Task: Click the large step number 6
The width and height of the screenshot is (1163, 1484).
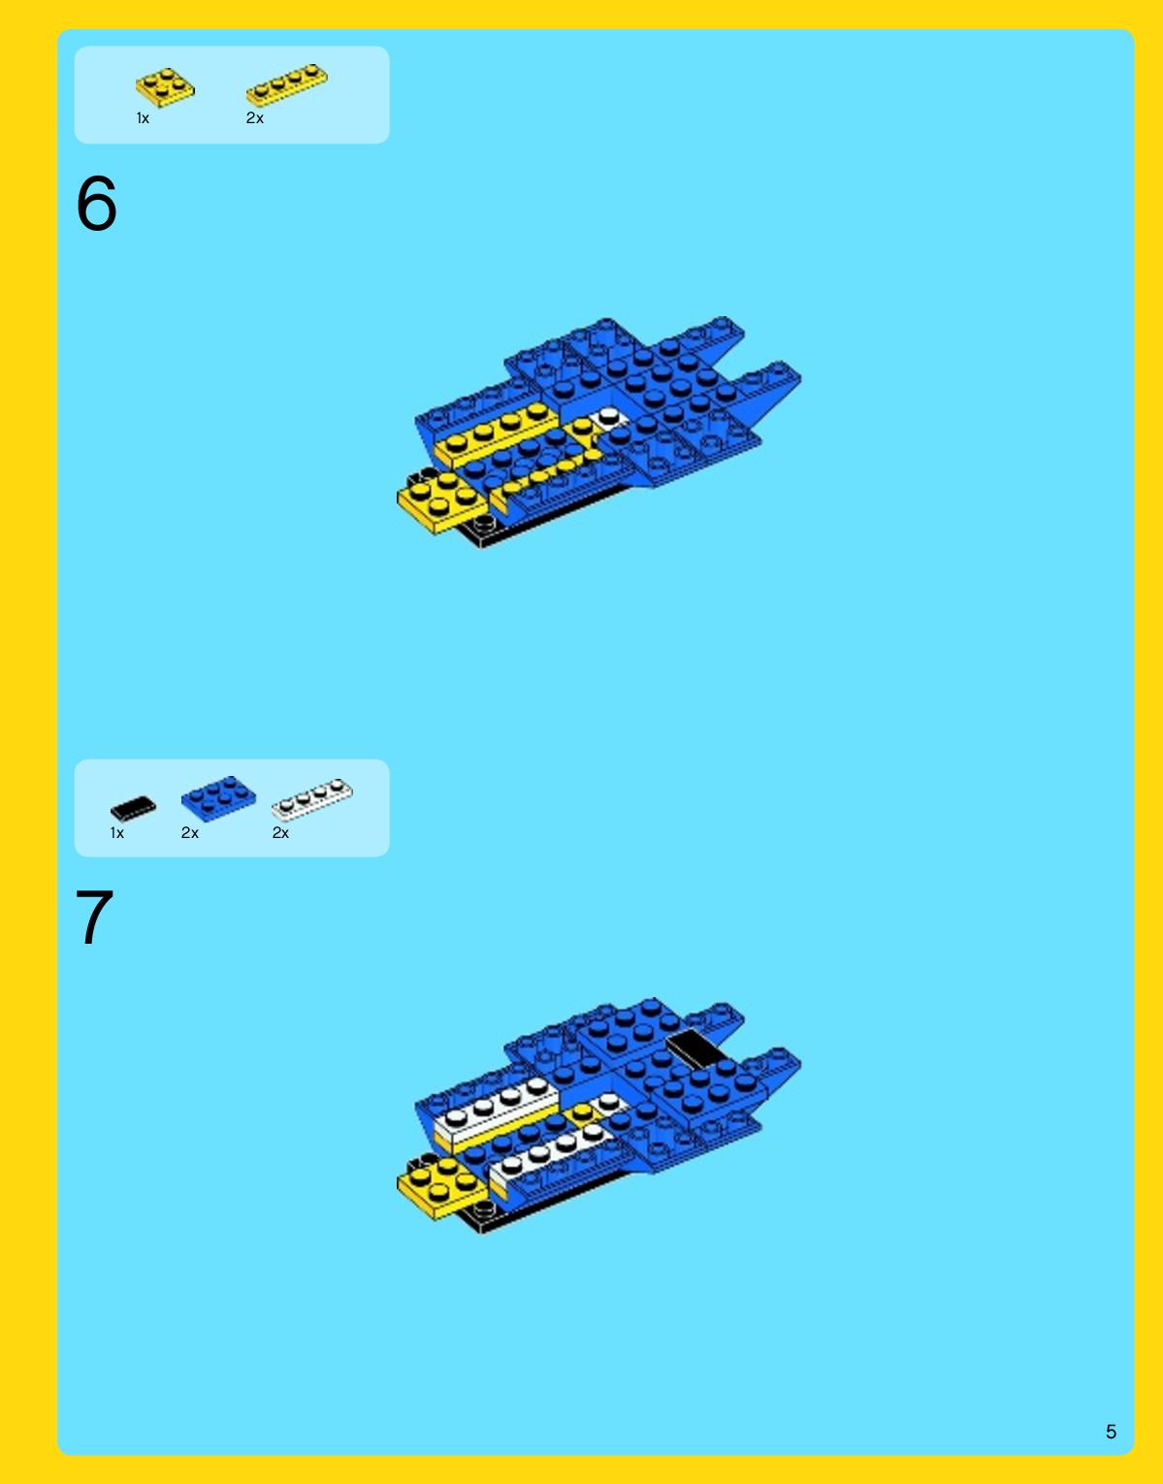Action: point(96,203)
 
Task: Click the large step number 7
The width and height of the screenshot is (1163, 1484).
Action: point(94,918)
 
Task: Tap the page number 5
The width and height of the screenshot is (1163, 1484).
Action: point(1111,1432)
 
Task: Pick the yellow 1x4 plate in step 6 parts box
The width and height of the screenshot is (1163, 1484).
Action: point(287,85)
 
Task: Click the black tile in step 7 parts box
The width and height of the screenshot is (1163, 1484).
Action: point(133,808)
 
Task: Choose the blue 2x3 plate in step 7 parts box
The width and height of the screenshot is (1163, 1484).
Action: point(218,797)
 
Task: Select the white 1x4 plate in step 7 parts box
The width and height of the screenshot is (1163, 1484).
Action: point(312,799)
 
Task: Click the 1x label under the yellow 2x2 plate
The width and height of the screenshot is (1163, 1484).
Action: point(143,118)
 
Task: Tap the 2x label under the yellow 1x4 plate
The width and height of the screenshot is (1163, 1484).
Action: point(255,118)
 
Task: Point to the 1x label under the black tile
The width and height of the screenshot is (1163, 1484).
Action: point(116,833)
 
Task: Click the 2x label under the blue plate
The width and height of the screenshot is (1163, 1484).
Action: point(190,833)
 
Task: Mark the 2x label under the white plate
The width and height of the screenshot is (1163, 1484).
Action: point(280,833)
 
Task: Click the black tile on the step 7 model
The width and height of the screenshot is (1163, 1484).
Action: point(695,1048)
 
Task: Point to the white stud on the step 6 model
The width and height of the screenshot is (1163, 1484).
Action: point(608,415)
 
